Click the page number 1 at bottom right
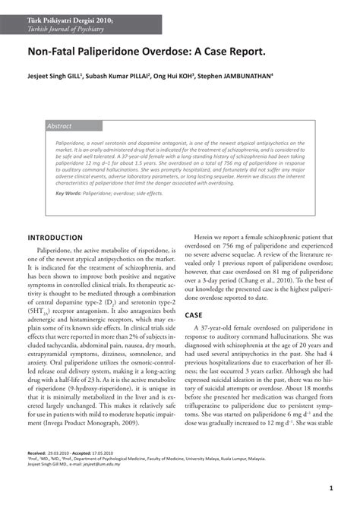[333, 489]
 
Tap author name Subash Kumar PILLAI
[117, 76]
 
